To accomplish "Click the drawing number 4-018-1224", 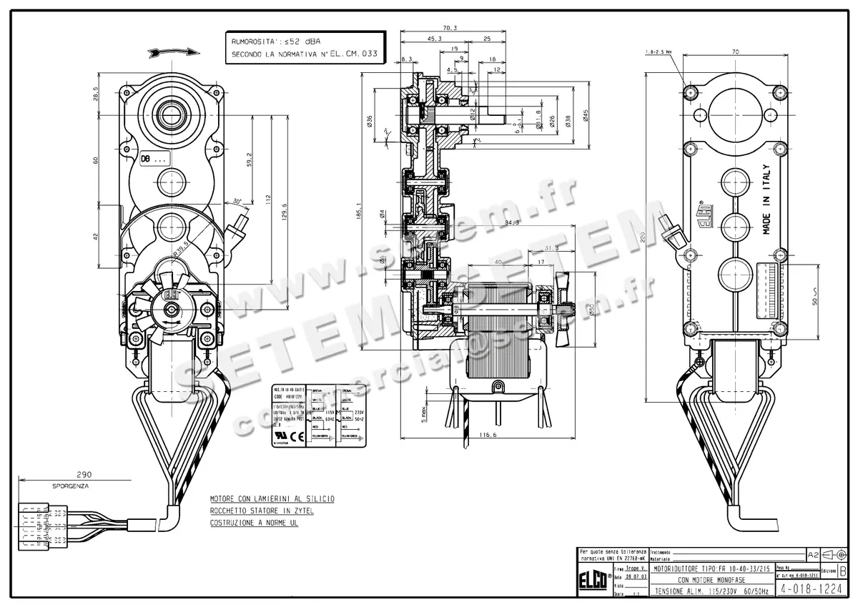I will (x=812, y=590).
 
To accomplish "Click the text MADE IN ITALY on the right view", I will (x=766, y=200).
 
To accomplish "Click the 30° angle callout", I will (x=236, y=202).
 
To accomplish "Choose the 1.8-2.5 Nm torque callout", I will (x=658, y=52).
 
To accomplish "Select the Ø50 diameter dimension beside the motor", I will (x=592, y=308).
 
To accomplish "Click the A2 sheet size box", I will (x=812, y=554).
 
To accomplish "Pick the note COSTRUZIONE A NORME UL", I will (x=254, y=523).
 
